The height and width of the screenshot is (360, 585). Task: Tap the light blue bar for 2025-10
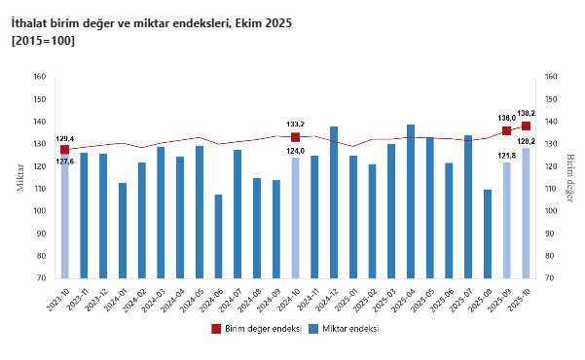[526, 213]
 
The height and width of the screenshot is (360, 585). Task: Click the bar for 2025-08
[488, 234]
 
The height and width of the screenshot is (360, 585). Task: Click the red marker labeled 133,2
[295, 137]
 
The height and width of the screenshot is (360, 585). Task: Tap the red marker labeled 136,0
[506, 130]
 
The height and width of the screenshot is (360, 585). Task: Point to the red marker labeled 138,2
[526, 126]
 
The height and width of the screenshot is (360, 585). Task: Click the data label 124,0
[295, 150]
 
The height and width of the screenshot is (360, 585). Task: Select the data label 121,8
[506, 155]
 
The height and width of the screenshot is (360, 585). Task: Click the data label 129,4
[65, 139]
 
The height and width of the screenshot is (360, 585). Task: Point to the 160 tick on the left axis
[39, 77]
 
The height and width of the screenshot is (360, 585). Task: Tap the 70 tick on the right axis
[551, 278]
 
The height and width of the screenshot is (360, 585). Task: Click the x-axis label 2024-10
[288, 296]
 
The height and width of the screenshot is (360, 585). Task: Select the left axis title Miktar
[19, 178]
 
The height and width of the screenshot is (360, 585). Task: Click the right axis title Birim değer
[571, 178]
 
